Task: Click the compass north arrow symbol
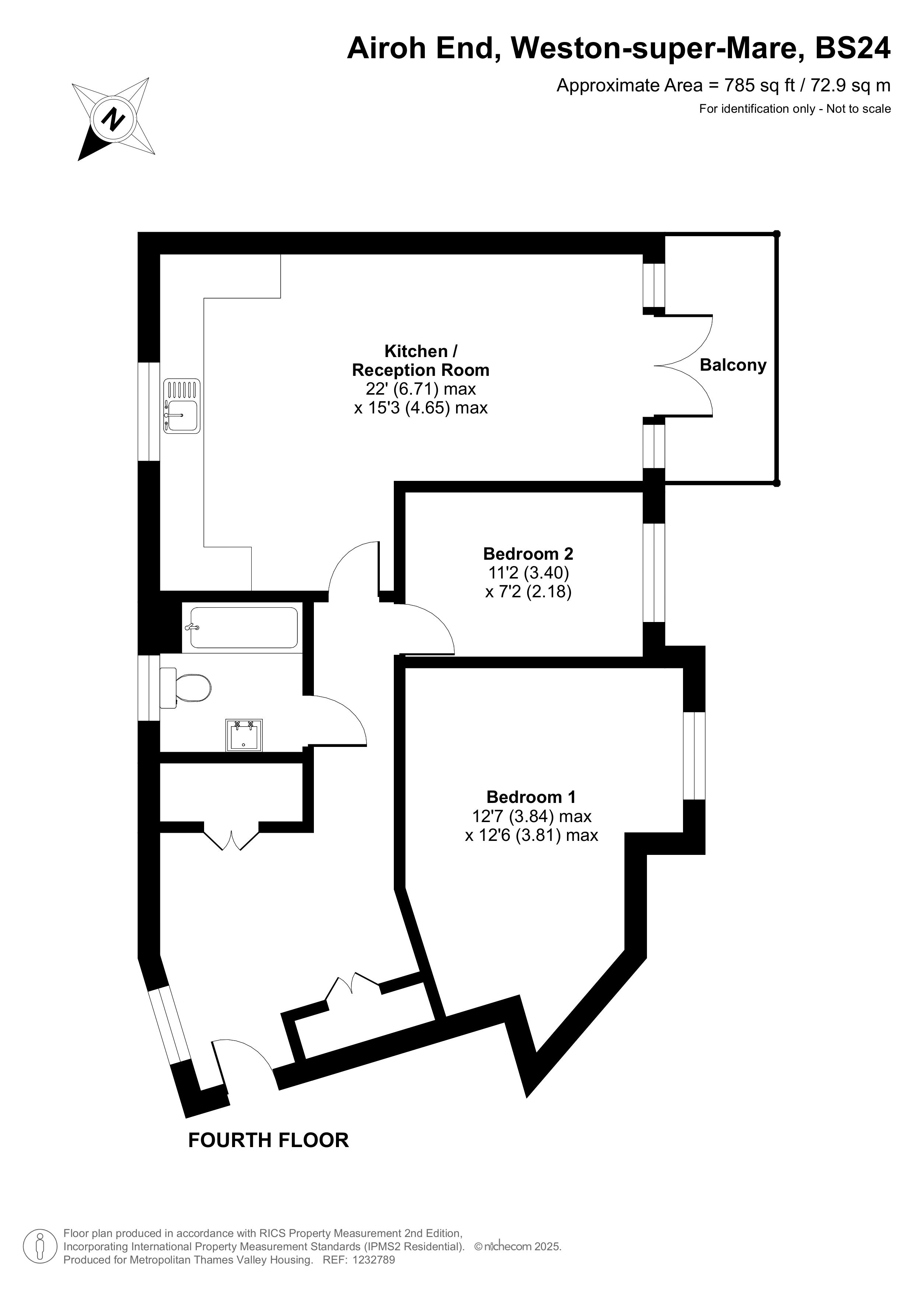[113, 119]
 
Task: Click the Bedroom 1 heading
[531, 797]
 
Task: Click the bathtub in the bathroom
[244, 628]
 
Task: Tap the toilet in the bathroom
[185, 687]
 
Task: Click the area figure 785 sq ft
[759, 85]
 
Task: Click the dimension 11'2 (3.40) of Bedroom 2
[528, 573]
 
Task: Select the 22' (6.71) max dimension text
[421, 389]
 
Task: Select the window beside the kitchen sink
[149, 411]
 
